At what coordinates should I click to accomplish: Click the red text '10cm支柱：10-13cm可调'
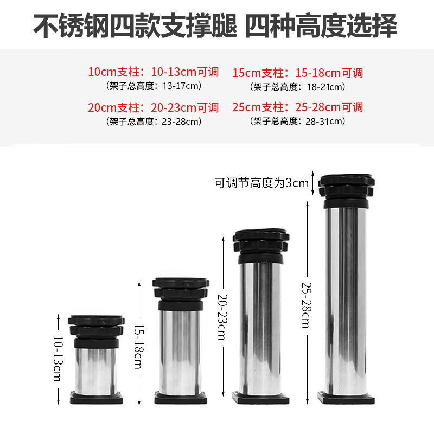coord(153,72)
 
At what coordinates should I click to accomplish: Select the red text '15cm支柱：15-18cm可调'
coord(298,72)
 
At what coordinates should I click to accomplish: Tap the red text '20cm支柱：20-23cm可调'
coord(153,107)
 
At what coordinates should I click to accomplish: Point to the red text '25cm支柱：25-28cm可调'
coord(298,107)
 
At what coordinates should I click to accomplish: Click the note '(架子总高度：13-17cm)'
coord(153,86)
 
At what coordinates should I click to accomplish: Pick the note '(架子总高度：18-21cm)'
coord(298,86)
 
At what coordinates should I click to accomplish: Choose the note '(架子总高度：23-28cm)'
coord(153,121)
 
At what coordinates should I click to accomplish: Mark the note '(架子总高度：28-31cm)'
coord(298,121)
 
